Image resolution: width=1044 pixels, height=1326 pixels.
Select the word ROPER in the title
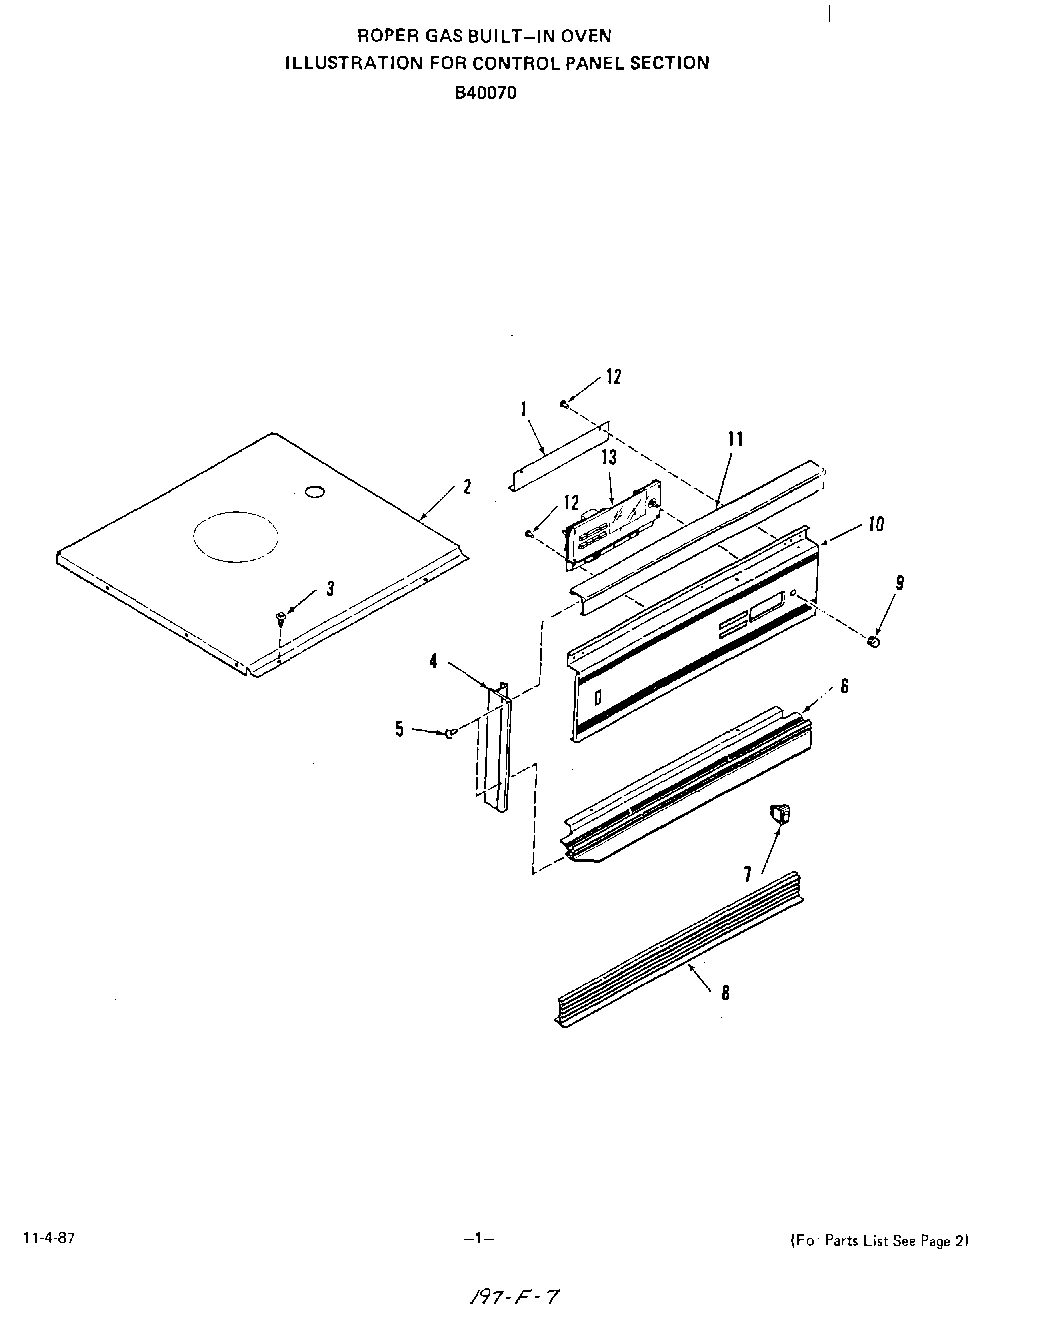[380, 35]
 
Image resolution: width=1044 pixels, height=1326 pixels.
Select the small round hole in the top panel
[314, 491]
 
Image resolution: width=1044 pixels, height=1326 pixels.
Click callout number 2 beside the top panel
[466, 487]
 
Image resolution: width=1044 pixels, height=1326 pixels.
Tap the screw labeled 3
[281, 619]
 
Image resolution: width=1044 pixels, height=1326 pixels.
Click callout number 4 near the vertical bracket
[433, 661]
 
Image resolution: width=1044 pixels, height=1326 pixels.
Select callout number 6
[844, 687]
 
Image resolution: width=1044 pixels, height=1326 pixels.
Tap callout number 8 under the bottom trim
[724, 992]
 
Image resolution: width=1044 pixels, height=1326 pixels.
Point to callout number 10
[875, 524]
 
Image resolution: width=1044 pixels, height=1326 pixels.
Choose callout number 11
[735, 439]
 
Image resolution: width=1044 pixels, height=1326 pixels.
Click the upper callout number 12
[613, 376]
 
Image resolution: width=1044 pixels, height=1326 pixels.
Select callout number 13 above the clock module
[608, 457]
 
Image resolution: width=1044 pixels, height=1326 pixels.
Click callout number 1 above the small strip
[524, 408]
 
